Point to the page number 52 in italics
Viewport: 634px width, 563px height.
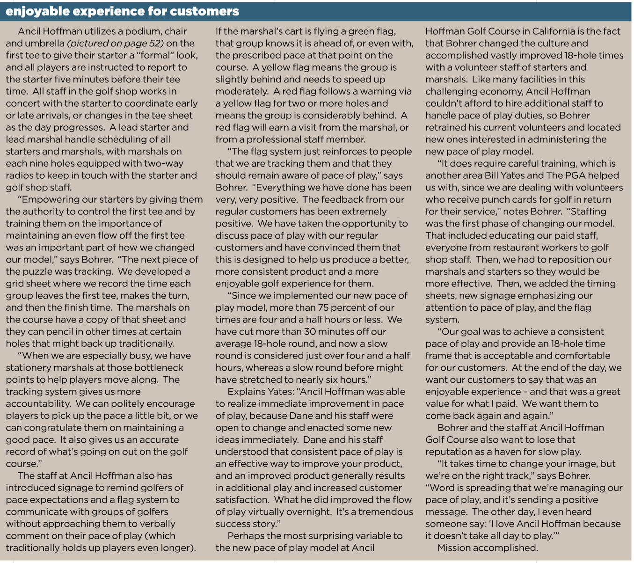(x=157, y=44)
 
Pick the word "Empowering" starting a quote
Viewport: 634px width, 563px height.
(x=49, y=199)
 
